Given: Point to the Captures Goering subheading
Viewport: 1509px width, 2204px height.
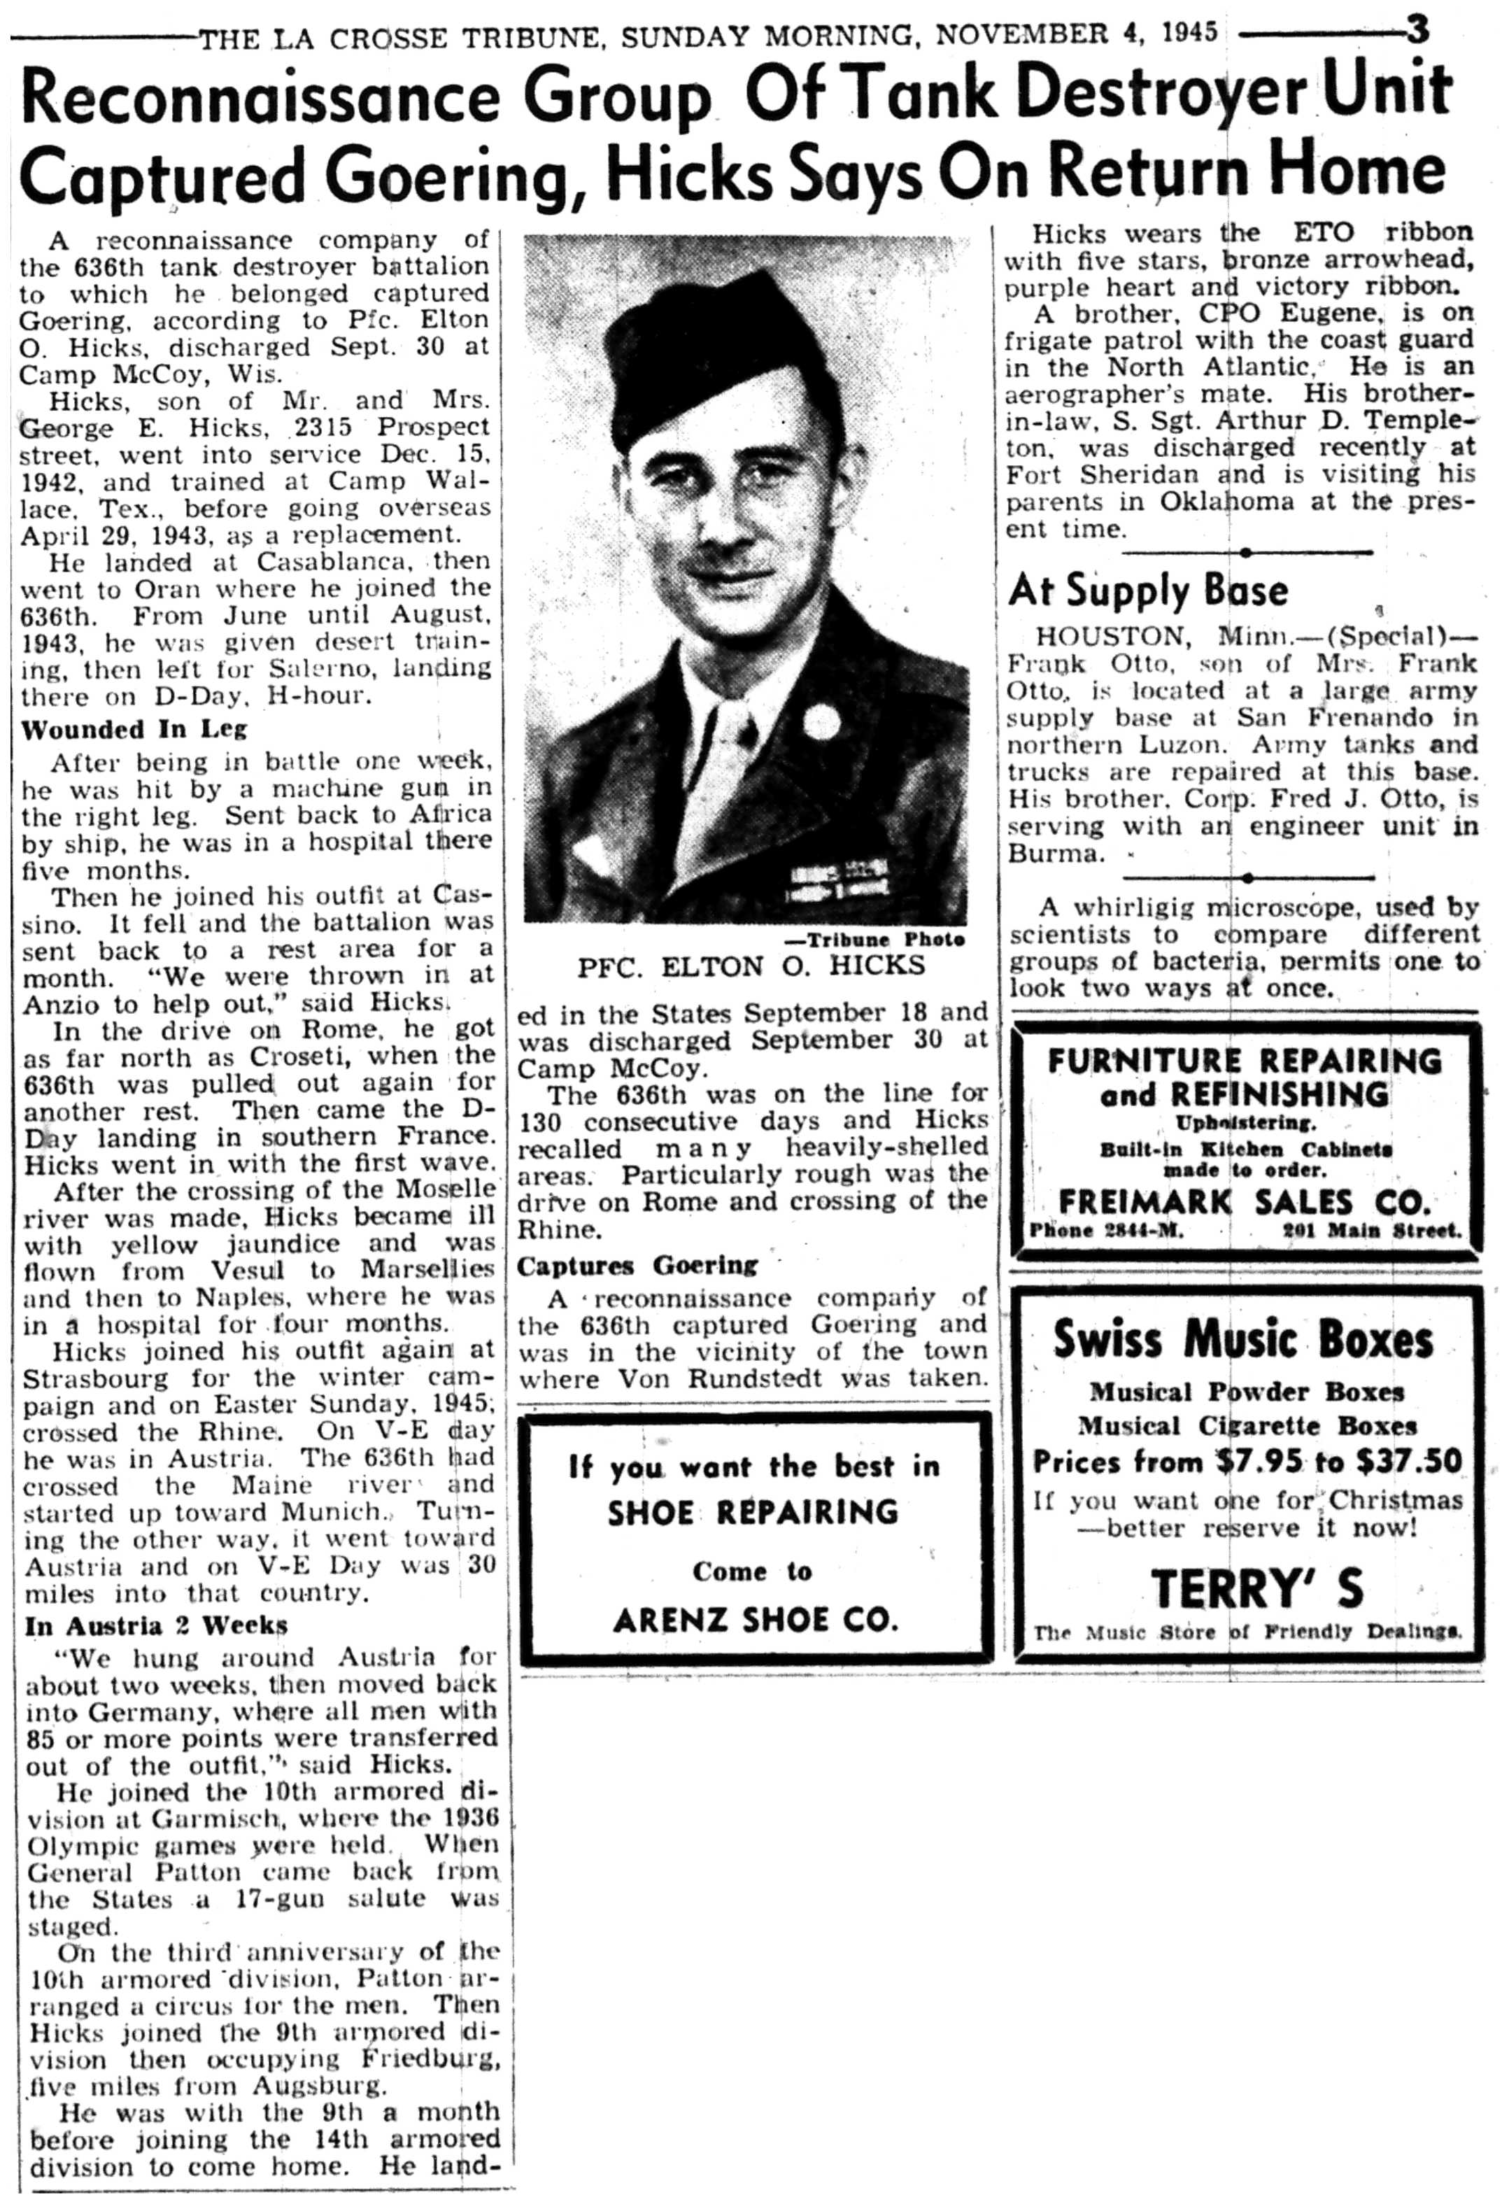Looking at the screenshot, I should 637,1265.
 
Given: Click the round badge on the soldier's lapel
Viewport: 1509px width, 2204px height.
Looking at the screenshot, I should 821,721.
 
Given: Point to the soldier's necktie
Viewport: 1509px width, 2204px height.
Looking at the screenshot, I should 736,749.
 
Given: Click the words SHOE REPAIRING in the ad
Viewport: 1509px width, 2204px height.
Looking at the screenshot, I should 752,1511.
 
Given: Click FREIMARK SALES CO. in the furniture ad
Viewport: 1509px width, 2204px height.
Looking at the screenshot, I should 1243,1203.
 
